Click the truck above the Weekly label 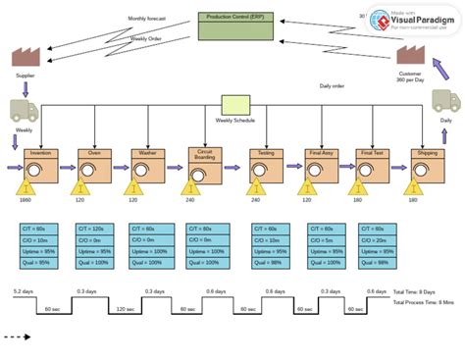coord(24,111)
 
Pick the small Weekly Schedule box coord(235,106)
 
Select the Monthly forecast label coord(148,19)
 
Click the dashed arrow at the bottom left coord(17,336)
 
